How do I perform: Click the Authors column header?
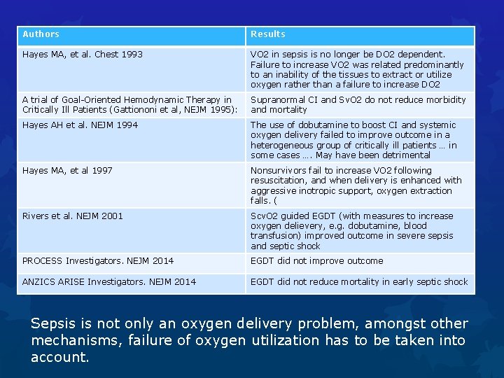(41, 34)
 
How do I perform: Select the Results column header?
(268, 34)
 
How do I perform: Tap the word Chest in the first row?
(107, 54)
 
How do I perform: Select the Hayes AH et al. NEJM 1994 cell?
(80, 125)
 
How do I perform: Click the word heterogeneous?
(283, 145)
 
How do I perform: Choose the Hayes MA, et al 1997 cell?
(67, 171)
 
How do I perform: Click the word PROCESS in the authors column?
(43, 261)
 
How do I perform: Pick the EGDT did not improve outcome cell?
(317, 261)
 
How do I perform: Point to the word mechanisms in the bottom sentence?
(78, 340)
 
